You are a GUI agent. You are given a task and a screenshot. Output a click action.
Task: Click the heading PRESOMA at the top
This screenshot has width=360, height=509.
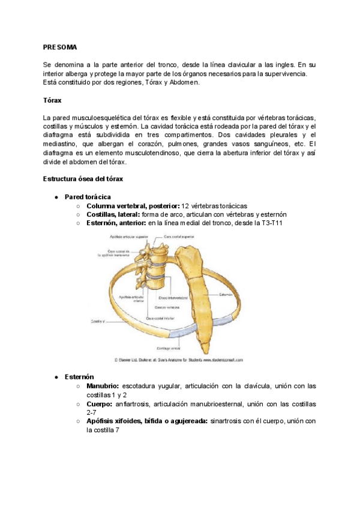60,47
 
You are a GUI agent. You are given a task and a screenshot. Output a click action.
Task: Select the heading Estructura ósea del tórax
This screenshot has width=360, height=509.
83,178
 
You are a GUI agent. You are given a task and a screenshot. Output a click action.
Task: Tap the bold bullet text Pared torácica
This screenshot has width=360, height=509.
87,197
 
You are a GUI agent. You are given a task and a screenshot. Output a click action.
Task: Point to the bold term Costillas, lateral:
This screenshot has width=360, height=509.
113,214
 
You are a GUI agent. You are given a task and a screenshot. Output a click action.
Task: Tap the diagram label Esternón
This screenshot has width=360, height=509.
226,295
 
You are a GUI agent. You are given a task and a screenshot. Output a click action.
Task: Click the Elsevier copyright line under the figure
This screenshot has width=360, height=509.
178,360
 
